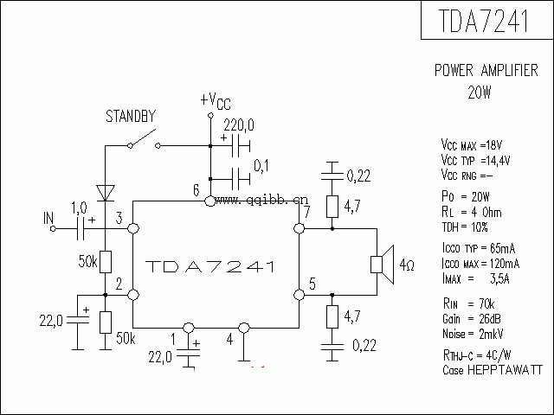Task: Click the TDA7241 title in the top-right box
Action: click(486, 21)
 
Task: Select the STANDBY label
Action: click(130, 115)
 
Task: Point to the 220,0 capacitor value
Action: click(239, 125)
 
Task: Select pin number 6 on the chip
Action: click(196, 190)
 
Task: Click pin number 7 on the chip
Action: click(304, 213)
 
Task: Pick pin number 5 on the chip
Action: click(312, 282)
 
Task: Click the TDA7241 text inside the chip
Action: click(210, 265)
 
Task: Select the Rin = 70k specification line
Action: click(467, 304)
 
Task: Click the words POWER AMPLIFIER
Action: click(485, 73)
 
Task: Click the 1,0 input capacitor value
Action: click(79, 207)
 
